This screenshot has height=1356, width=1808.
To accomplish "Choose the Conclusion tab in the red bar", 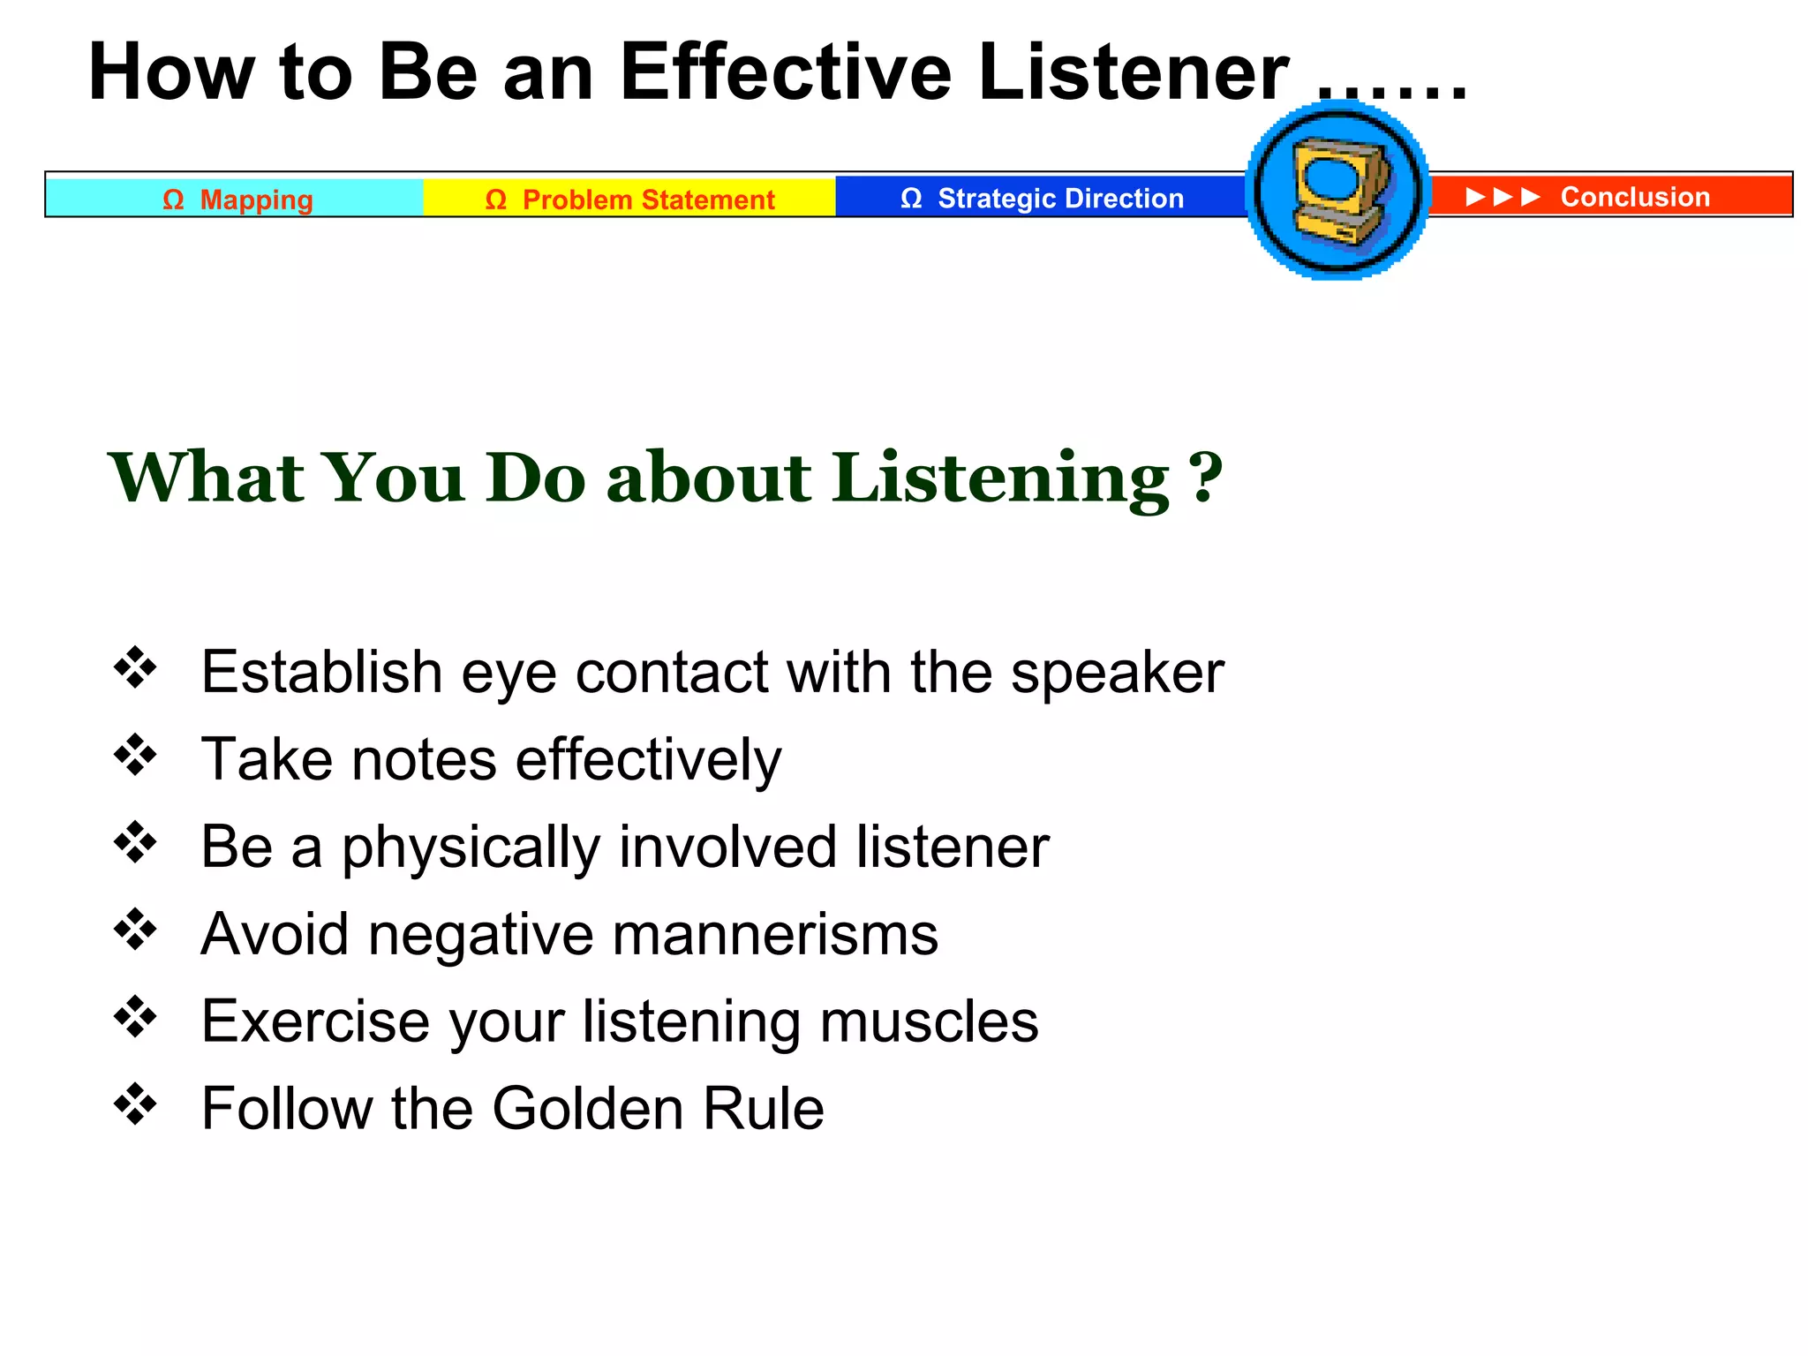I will pos(1634,196).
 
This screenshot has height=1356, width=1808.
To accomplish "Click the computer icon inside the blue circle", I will pos(1338,190).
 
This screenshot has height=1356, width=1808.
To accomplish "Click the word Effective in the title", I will pos(785,72).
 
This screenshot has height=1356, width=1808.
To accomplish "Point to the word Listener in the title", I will pos(1134,72).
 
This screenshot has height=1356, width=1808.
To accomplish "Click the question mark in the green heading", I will pos(1206,478).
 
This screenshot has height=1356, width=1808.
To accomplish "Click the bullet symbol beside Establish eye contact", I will pos(135,667).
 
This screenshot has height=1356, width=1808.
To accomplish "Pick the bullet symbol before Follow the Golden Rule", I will pos(135,1104).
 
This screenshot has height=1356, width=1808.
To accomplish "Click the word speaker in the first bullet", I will pos(1118,674).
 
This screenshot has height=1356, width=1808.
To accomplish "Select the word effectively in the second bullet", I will pos(649,760).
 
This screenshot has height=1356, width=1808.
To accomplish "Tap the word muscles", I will pos(929,1021).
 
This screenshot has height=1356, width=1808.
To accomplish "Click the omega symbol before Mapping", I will pos(173,200).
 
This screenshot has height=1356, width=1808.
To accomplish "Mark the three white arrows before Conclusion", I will pos(1503,196).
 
